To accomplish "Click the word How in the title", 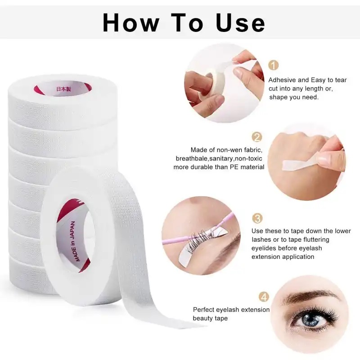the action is click(x=131, y=23).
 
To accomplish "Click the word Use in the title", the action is click(x=240, y=23).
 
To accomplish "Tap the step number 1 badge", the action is click(x=274, y=65).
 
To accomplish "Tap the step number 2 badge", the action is click(x=256, y=137).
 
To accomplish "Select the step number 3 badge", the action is click(x=257, y=218).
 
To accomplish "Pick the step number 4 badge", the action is click(x=264, y=297).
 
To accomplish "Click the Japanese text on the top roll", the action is click(x=63, y=89).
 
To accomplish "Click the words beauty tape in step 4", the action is click(x=210, y=319).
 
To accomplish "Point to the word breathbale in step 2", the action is click(x=192, y=159).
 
